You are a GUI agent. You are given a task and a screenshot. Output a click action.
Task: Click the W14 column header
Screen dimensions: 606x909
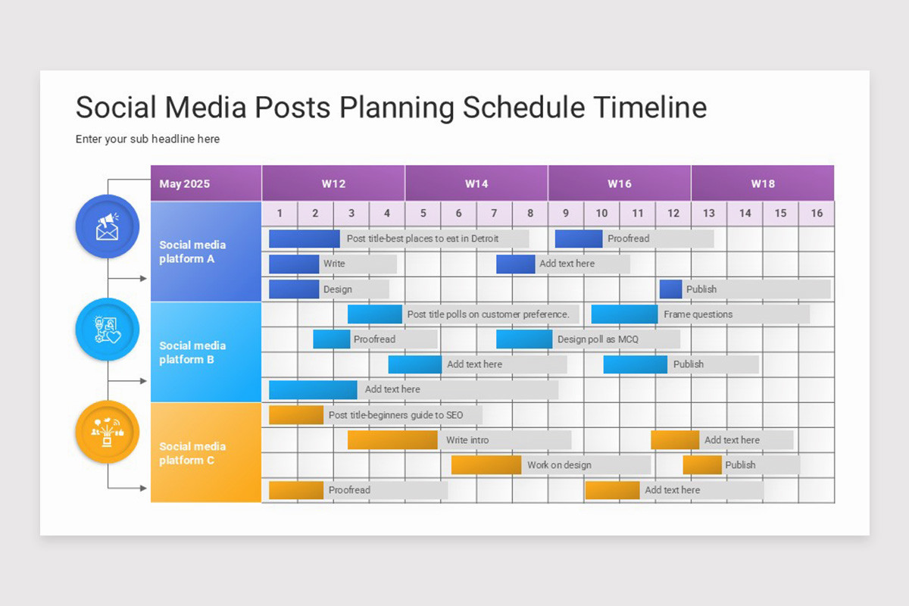tap(476, 183)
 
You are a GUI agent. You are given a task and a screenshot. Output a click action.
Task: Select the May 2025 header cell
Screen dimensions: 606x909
tap(185, 184)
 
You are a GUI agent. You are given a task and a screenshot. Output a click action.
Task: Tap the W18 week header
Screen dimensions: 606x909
tap(762, 183)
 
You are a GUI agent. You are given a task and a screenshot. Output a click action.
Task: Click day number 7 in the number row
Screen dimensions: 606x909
tap(494, 213)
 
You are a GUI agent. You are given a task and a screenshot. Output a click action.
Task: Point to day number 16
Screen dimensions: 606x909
tap(816, 213)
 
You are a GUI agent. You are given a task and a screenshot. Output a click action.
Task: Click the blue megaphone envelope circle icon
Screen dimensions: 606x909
tap(108, 226)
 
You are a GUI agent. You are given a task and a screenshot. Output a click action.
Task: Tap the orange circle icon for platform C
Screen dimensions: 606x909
tap(108, 433)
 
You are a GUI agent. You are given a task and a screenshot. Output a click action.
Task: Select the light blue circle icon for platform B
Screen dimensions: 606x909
tap(108, 330)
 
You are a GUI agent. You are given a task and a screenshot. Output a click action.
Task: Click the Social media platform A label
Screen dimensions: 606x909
tap(192, 251)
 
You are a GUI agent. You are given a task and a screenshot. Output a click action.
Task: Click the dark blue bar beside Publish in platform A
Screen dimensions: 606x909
tap(670, 289)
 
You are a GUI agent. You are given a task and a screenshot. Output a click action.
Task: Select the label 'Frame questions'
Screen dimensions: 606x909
tap(698, 314)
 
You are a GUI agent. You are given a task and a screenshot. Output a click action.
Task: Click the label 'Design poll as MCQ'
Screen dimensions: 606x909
tap(598, 339)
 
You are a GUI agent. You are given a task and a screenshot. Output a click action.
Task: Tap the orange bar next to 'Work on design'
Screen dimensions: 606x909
tap(486, 465)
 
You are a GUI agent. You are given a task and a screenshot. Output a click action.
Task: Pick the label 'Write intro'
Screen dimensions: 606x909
tap(467, 440)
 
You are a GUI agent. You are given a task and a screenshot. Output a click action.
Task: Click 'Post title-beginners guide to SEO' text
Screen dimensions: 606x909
tap(395, 415)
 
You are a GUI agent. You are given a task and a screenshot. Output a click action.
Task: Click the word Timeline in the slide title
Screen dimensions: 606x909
tap(649, 108)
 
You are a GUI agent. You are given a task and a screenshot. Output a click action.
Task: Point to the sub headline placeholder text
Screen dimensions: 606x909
tap(148, 139)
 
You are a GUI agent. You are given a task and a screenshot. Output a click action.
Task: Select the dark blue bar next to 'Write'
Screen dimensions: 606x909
tap(294, 264)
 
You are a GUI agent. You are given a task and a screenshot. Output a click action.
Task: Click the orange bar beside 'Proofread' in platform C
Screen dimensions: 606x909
tap(296, 490)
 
